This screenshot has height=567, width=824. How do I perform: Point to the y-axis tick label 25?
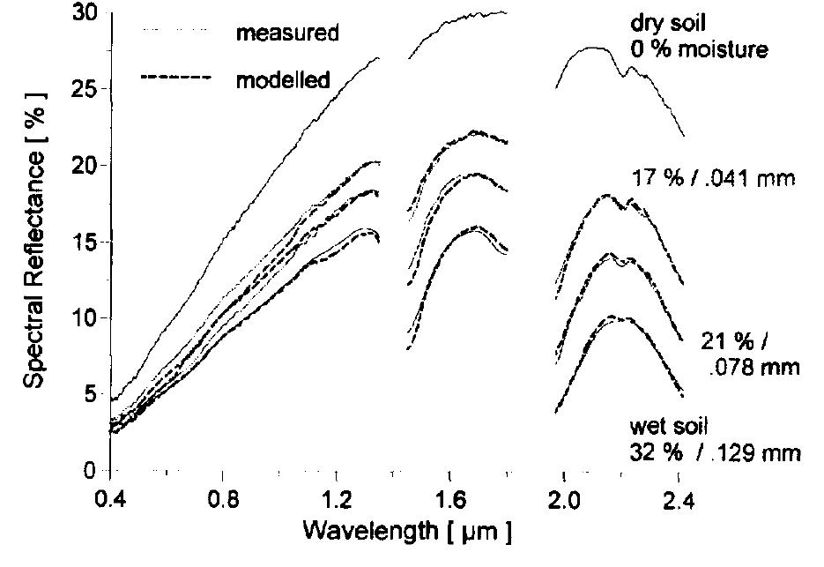point(85,89)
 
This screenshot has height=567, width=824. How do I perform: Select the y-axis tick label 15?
point(85,242)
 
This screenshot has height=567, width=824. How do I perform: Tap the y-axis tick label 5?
point(92,394)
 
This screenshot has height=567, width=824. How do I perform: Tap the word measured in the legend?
point(286,34)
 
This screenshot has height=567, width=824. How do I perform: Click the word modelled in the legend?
point(283,80)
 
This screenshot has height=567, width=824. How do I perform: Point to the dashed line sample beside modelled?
point(176,78)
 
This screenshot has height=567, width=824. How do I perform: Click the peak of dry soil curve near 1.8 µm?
point(502,11)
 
